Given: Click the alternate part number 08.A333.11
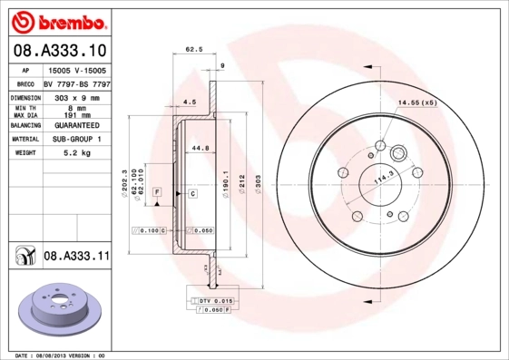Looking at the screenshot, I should [76, 258].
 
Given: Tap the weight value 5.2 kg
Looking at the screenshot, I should [75, 154].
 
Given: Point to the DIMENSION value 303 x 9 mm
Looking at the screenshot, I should [76, 96].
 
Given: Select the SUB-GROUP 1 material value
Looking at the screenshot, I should [76, 140].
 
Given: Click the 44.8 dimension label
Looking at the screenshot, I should [200, 148].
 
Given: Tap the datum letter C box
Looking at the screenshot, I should [193, 194].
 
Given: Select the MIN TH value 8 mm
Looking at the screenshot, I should [76, 109].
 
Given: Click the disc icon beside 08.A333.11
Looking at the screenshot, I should [22, 258].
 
